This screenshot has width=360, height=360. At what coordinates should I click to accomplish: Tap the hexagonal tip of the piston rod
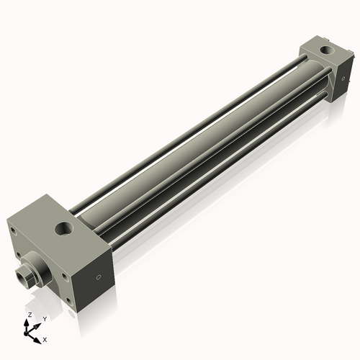[x=23, y=275]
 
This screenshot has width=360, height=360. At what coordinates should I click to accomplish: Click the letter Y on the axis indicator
[x=45, y=319]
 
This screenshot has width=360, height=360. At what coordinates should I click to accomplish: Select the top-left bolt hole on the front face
[x=13, y=230]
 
